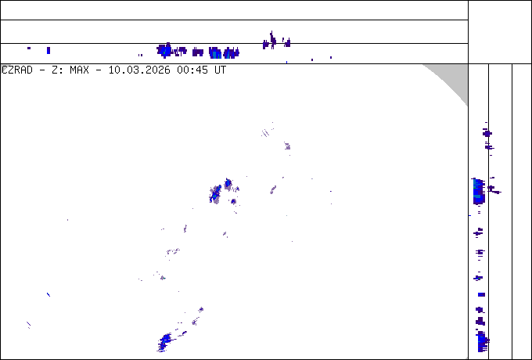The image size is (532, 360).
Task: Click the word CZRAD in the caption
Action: pos(17,70)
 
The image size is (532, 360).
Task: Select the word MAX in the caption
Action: pos(79,70)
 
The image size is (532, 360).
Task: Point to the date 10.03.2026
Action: pos(139,70)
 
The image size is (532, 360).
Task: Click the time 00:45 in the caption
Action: pos(192,70)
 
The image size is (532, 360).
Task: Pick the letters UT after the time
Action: pos(220,70)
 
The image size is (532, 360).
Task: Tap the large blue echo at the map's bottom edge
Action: pos(166,342)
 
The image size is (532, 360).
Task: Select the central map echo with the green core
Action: pos(215,194)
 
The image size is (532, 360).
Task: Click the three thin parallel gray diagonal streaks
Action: pos(265,133)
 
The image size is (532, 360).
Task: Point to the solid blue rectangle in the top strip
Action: pos(49,51)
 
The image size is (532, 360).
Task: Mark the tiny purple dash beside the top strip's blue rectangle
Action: pos(29,49)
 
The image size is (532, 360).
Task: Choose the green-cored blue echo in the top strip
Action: pos(164,51)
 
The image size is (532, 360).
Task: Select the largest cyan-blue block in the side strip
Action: pos(479,191)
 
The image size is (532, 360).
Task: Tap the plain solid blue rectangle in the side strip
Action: pos(481,294)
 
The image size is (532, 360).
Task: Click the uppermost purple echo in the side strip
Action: pos(487,133)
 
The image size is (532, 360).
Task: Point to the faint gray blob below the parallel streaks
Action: pos(287,146)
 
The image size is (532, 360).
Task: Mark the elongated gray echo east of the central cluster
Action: pos(273,189)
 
